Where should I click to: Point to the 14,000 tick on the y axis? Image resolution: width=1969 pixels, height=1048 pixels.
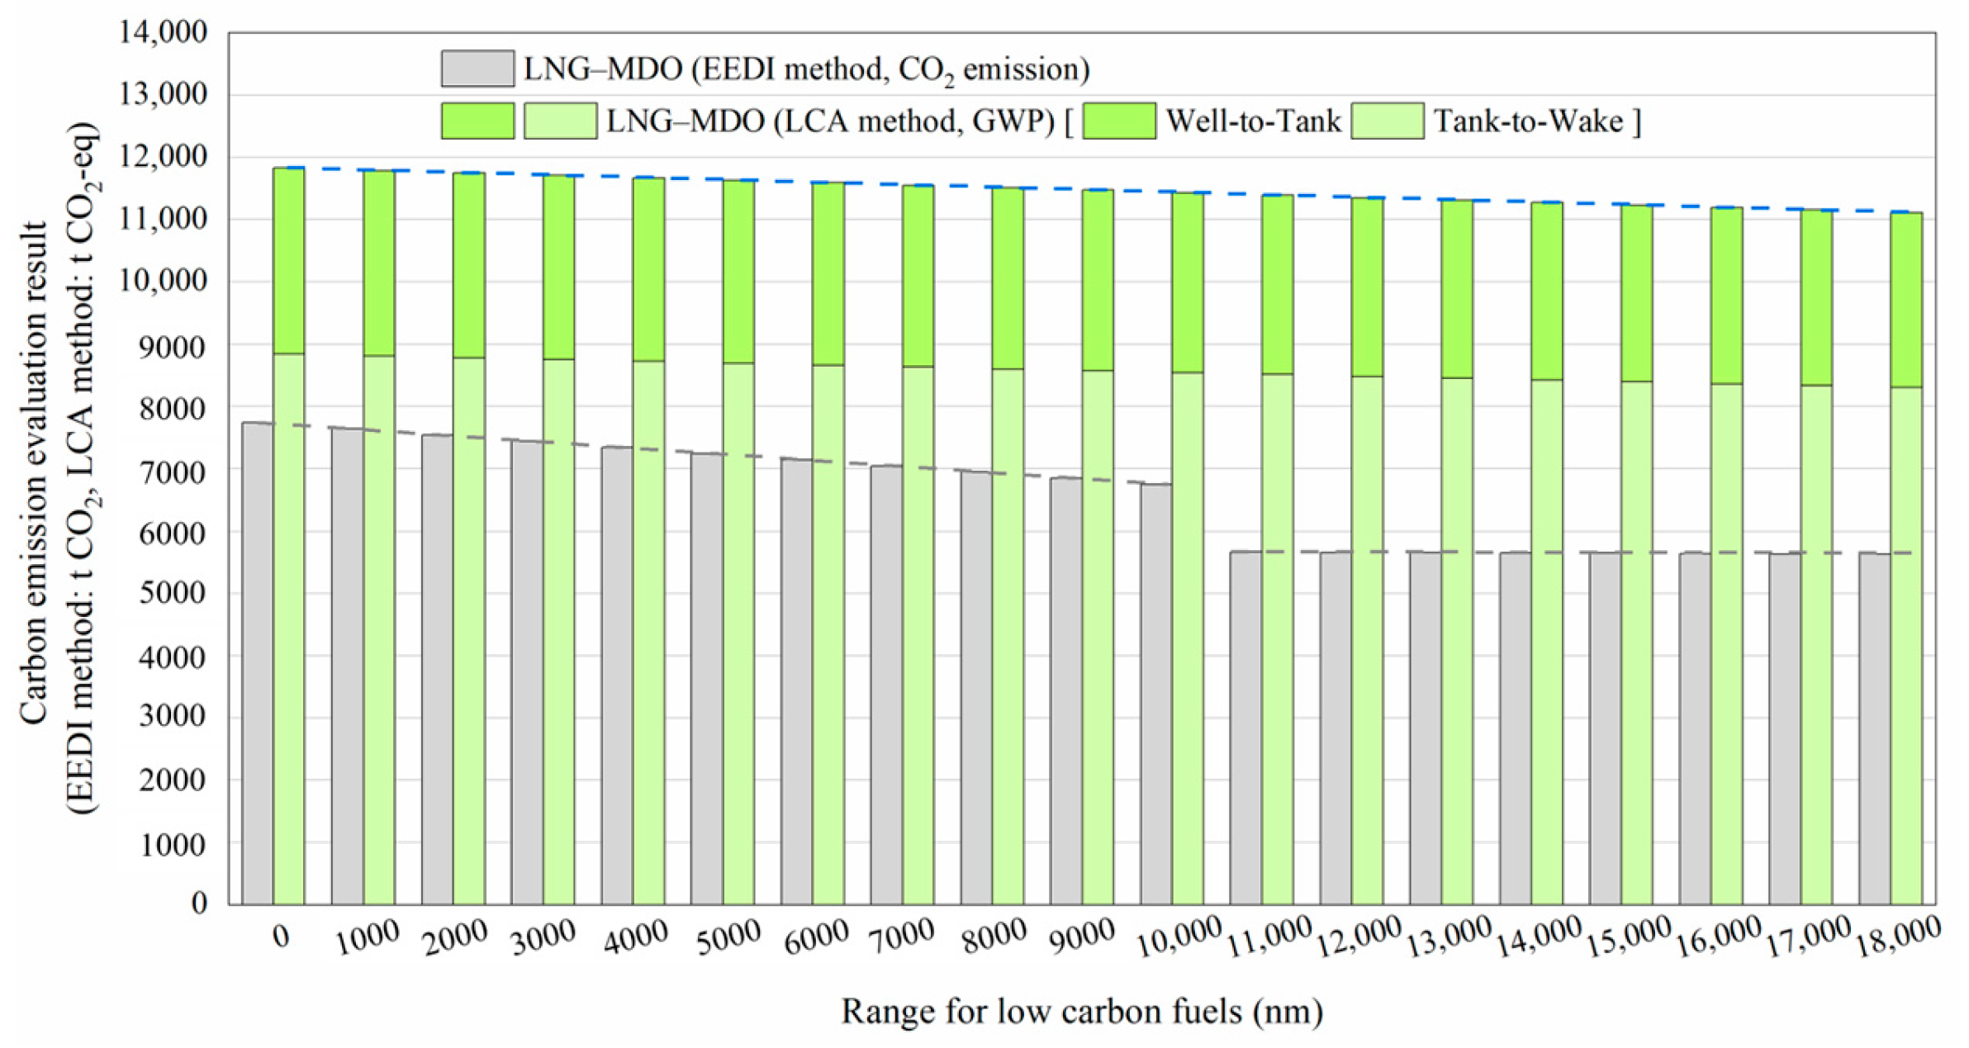[164, 32]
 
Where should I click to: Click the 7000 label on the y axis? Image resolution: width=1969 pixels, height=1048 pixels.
[173, 472]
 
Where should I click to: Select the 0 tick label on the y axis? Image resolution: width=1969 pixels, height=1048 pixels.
[199, 903]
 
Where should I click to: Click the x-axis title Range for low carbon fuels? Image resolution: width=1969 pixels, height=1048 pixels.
[1081, 1011]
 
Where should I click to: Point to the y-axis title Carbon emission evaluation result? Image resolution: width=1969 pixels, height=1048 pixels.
[35, 472]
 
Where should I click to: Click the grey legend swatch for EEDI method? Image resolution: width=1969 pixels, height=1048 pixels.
[477, 69]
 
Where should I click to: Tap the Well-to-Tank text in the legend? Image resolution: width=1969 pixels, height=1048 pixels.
[1253, 121]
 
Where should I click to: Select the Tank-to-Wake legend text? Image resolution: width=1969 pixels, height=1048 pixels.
[1528, 121]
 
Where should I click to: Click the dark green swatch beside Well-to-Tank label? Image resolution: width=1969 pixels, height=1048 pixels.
[1118, 121]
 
